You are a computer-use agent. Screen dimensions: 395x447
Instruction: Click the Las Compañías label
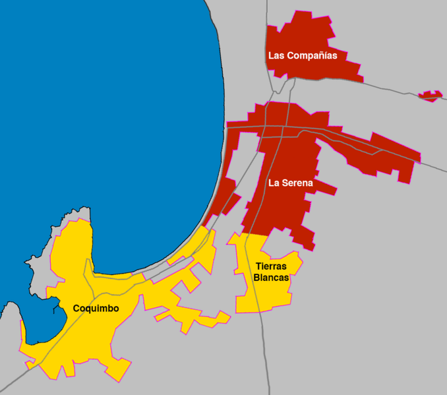[303, 56]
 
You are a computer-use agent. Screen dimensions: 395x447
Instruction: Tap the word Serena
[296, 183]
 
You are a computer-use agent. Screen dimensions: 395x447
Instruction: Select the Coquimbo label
[96, 308]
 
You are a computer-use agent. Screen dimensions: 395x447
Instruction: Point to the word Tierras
[271, 266]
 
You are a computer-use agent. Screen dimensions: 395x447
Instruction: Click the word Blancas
[271, 278]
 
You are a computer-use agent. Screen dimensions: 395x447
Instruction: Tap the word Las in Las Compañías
[276, 56]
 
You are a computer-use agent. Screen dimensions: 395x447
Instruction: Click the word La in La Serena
[274, 183]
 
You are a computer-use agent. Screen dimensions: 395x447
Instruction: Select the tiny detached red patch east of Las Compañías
[431, 96]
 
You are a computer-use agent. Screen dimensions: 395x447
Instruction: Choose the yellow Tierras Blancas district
[264, 297]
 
